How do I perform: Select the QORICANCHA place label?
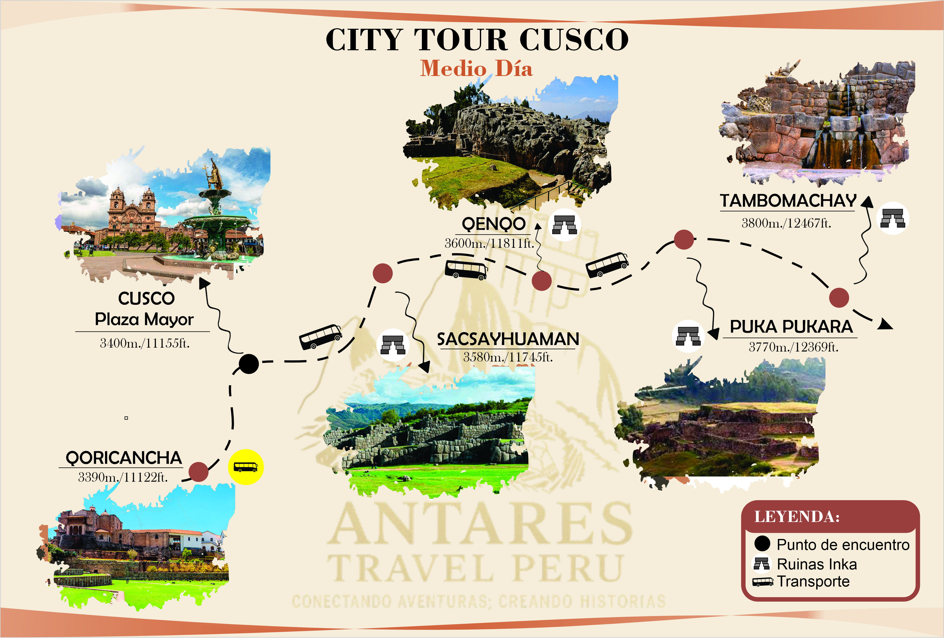click(x=124, y=458)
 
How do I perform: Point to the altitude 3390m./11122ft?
click(x=123, y=477)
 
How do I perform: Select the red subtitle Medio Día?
click(x=476, y=68)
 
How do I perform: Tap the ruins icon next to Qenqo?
click(x=565, y=224)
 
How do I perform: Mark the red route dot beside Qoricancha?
click(x=199, y=472)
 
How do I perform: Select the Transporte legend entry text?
click(x=813, y=581)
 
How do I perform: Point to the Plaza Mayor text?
click(x=144, y=319)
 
